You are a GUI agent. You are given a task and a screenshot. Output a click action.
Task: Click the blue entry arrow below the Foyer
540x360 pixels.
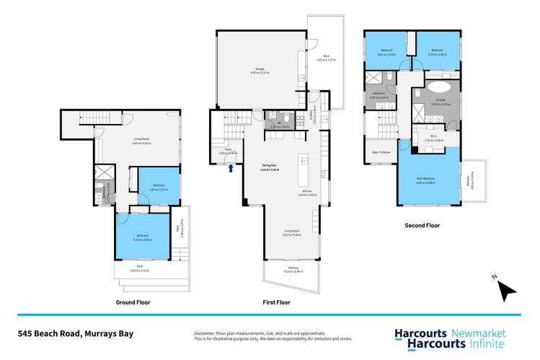[231, 169]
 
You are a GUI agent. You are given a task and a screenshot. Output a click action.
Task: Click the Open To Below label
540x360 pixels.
[381, 152]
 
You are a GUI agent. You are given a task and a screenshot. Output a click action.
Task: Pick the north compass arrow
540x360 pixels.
[508, 291]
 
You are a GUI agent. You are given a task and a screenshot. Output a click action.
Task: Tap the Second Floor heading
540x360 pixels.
[422, 226]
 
